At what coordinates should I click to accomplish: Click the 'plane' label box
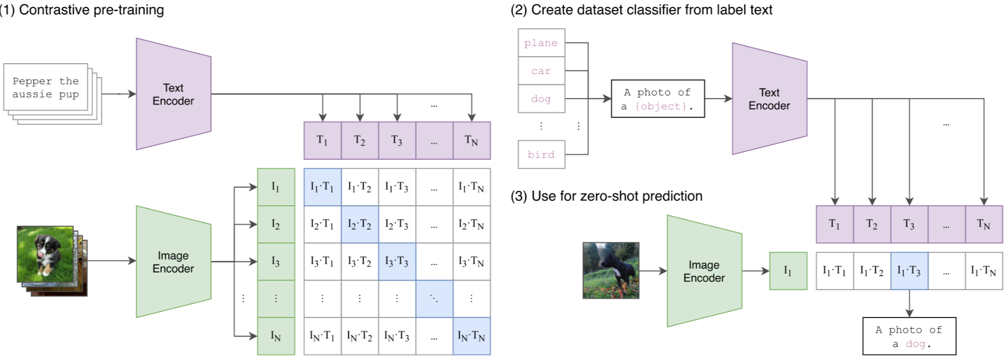pyautogui.click(x=541, y=43)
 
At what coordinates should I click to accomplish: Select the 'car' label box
pyautogui.click(x=541, y=71)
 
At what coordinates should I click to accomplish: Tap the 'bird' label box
pyautogui.click(x=541, y=155)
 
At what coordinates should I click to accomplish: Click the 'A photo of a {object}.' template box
pyautogui.click(x=657, y=99)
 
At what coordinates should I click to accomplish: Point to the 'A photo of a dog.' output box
pyautogui.click(x=909, y=336)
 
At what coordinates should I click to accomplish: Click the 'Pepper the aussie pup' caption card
pyautogui.click(x=45, y=87)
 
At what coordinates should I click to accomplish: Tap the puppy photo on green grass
pyautogui.click(x=45, y=254)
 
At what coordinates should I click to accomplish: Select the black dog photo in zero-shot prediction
pyautogui.click(x=611, y=271)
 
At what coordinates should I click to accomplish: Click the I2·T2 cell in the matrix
pyautogui.click(x=359, y=224)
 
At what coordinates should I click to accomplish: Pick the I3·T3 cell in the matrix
pyautogui.click(x=397, y=261)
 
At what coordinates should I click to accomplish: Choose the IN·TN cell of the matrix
pyautogui.click(x=471, y=336)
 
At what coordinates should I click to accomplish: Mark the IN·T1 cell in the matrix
pyautogui.click(x=322, y=336)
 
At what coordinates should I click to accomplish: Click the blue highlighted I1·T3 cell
pyautogui.click(x=909, y=271)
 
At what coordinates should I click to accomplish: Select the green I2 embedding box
pyautogui.click(x=276, y=224)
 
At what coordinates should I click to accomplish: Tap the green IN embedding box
pyautogui.click(x=276, y=336)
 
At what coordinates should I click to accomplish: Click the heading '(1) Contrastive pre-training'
pyautogui.click(x=82, y=10)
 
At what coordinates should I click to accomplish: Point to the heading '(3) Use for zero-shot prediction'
pyautogui.click(x=607, y=196)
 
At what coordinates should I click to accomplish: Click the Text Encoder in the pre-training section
pyautogui.click(x=173, y=94)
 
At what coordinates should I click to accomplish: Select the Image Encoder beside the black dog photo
pyautogui.click(x=704, y=272)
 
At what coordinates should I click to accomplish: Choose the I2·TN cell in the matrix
pyautogui.click(x=471, y=224)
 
